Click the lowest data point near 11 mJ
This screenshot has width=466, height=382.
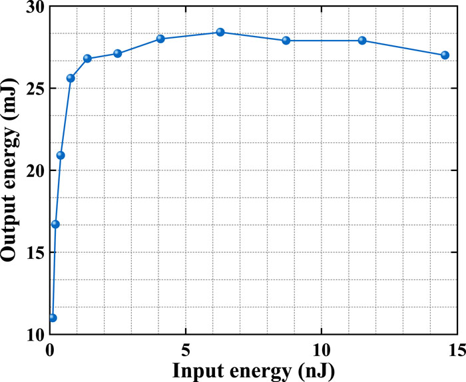pos(53,318)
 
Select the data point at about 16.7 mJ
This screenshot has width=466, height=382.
pos(55,224)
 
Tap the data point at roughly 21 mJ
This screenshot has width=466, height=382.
pos(61,155)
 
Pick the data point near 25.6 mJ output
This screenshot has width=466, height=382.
pos(71,78)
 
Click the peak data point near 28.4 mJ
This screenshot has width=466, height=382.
pos(220,32)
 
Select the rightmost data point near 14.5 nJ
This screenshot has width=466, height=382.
pos(445,55)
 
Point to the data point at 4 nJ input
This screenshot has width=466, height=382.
pos(160,39)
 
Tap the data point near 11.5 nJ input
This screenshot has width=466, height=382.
pos(362,41)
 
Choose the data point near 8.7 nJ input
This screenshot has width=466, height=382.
pos(286,41)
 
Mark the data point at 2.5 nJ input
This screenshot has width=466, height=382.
pos(118,53)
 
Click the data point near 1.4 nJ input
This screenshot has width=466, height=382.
pos(87,58)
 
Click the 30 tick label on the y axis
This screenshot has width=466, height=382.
pos(35,7)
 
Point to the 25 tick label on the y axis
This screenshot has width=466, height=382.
pos(35,89)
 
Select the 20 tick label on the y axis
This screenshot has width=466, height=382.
pos(35,170)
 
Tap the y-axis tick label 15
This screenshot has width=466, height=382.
pos(35,252)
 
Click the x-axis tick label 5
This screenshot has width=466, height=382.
pos(186,351)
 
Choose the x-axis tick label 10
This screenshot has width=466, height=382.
pos(322,351)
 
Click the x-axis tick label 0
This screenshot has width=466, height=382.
pos(50,351)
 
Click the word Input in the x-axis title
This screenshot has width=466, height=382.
pos(198,371)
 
